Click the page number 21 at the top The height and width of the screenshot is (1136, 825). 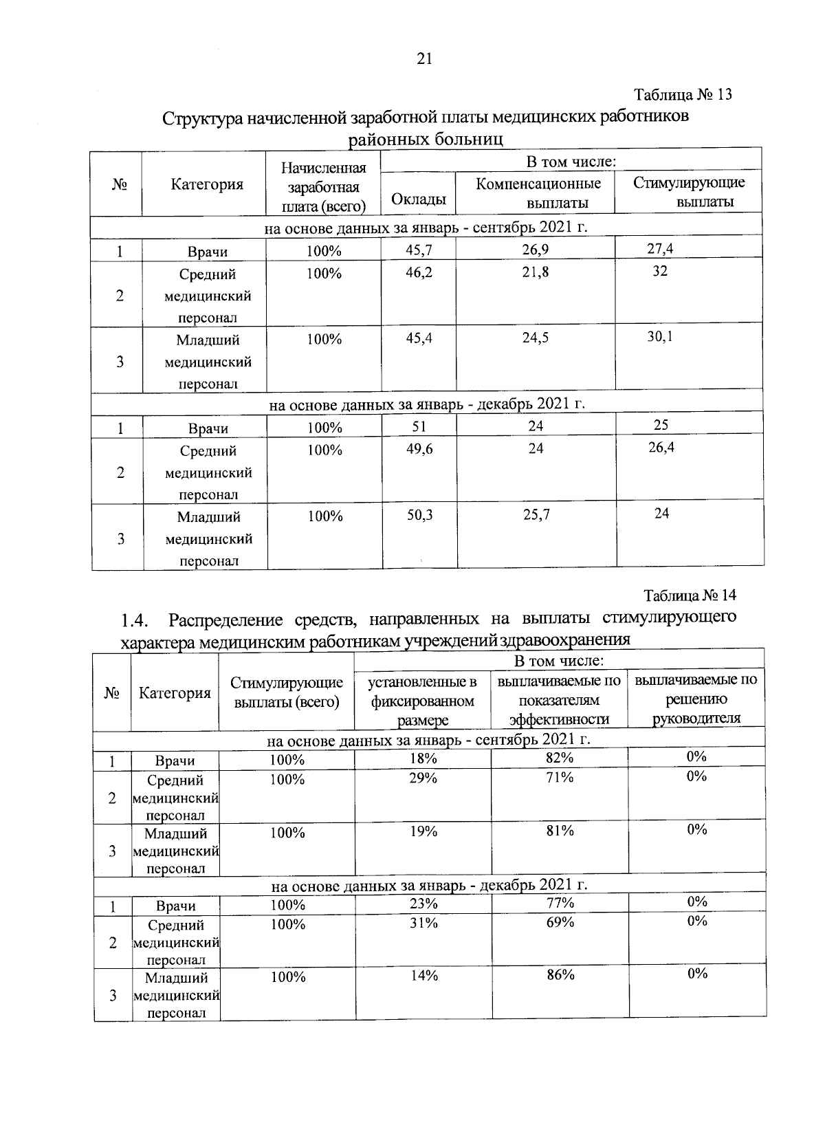(424, 60)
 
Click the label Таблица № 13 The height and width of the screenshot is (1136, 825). (683, 94)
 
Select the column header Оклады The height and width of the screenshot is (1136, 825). (418, 200)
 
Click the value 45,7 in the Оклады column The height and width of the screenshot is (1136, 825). (419, 249)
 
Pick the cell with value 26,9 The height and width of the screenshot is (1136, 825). (535, 249)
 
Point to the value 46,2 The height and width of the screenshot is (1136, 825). (419, 272)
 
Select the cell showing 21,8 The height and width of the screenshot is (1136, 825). (535, 272)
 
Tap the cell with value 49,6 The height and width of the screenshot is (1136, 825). (419, 448)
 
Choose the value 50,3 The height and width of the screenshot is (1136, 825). (419, 514)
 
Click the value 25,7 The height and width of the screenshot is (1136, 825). (536, 514)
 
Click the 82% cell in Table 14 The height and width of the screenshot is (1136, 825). (560, 757)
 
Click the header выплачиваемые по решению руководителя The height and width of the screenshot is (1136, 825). (696, 699)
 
